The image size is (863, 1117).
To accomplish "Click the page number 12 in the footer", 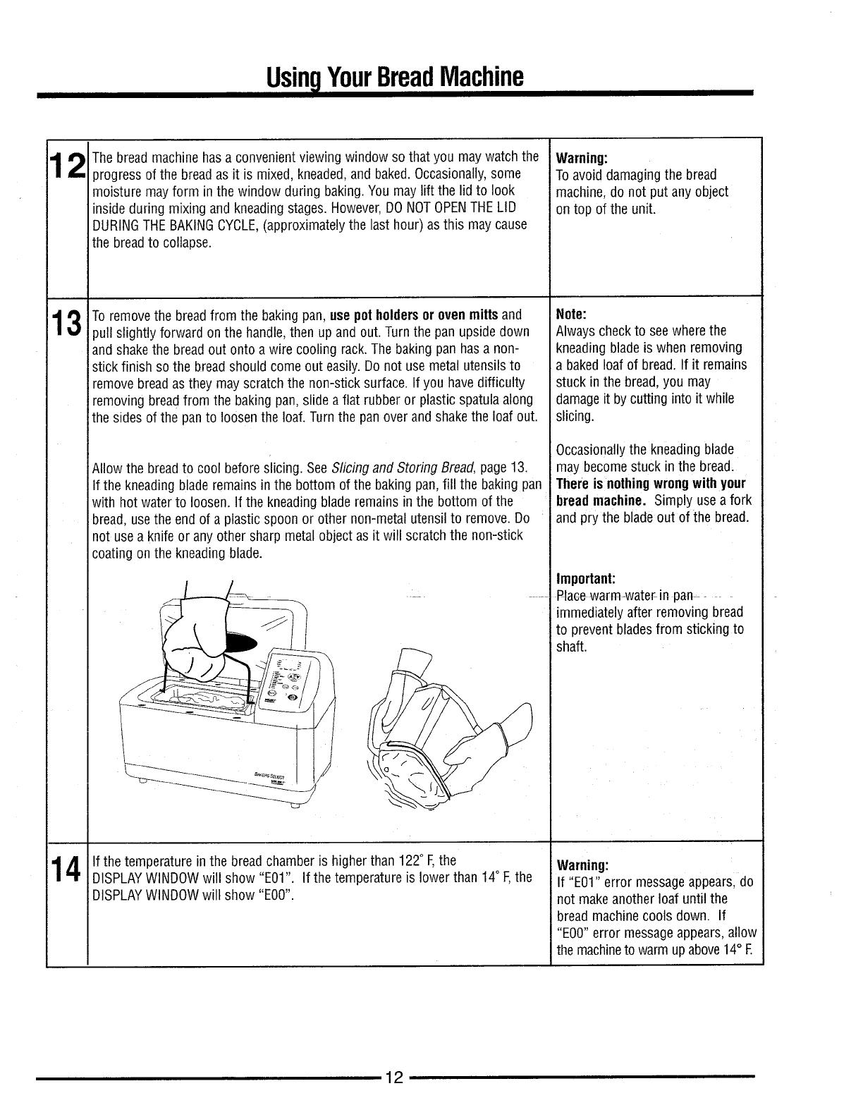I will [x=393, y=1078].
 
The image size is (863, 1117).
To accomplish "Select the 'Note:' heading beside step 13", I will [x=571, y=314].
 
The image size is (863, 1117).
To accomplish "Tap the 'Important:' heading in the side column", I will [x=587, y=579].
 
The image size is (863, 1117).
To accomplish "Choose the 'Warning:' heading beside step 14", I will [x=582, y=865].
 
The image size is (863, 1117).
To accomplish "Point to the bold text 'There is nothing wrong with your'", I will [x=650, y=484].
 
